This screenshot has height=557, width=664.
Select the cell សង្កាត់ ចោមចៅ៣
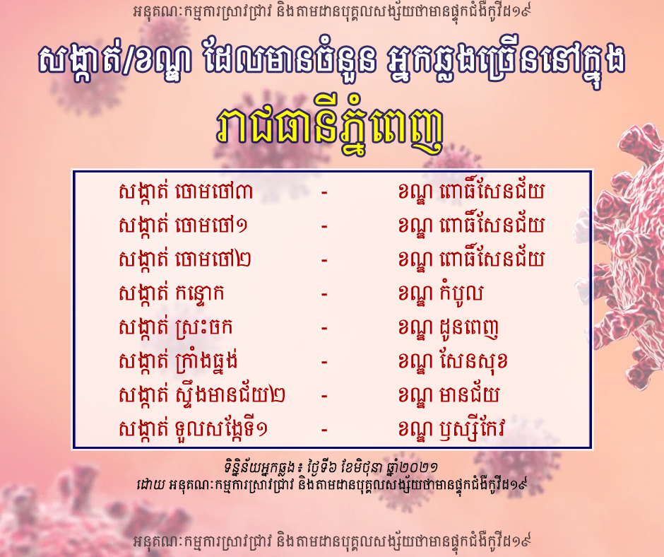(x=186, y=192)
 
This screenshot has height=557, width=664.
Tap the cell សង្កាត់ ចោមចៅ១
(x=183, y=225)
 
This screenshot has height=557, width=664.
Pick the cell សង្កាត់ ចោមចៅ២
(x=184, y=259)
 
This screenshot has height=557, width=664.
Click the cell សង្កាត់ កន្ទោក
(x=172, y=293)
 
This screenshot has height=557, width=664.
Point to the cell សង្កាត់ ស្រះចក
(x=176, y=327)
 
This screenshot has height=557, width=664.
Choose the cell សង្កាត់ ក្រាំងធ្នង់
(x=178, y=361)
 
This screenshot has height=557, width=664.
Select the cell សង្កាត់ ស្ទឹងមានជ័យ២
(x=201, y=395)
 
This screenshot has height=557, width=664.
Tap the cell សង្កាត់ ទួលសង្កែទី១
(x=193, y=429)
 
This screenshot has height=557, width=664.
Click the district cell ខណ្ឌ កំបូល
(x=440, y=293)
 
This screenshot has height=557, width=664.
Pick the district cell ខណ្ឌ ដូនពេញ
(x=448, y=327)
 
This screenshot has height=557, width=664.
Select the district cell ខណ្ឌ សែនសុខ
(x=453, y=361)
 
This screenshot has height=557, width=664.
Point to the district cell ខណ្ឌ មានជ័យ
(x=449, y=395)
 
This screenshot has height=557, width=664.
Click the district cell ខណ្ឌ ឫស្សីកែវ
(x=451, y=429)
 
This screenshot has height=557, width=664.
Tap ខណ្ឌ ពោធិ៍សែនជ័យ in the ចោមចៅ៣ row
(x=471, y=192)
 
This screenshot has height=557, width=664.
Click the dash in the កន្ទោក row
(x=324, y=294)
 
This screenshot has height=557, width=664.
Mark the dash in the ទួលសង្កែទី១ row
(x=324, y=430)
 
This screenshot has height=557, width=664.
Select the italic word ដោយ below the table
(x=150, y=484)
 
